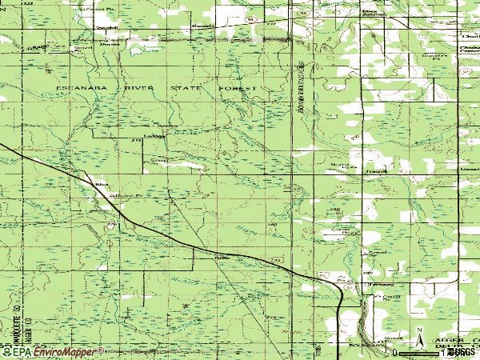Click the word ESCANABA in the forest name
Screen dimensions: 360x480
(77, 86)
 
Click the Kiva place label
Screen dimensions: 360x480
(101, 184)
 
